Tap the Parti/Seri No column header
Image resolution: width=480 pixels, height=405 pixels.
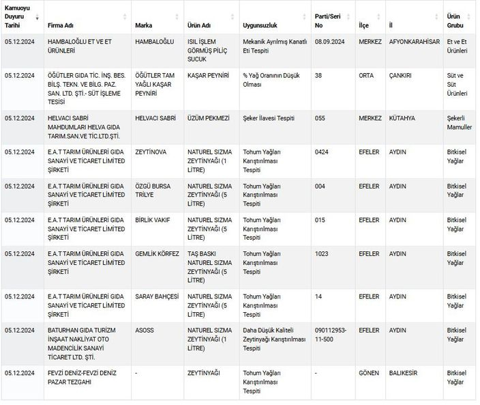coord(328,20)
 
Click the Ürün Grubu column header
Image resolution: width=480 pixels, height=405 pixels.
coord(454,20)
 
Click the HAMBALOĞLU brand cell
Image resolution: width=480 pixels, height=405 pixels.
coord(155,42)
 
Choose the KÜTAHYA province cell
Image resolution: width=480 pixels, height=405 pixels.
coord(402,118)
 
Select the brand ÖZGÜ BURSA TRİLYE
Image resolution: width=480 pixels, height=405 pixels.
coord(154,191)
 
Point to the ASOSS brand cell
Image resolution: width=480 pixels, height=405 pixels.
coord(145,331)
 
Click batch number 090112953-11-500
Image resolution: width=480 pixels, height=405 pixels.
coord(331,335)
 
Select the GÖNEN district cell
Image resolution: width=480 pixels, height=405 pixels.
coord(369,373)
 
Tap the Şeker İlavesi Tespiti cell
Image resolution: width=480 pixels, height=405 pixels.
coord(269,118)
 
